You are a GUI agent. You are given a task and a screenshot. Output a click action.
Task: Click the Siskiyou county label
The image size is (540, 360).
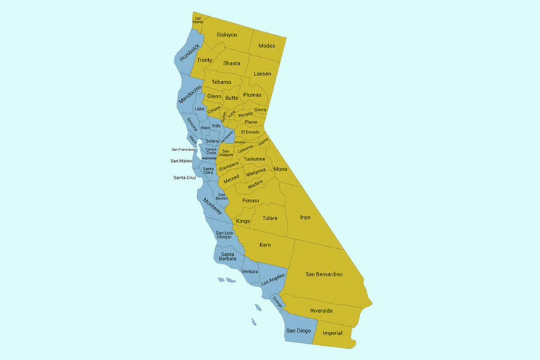[226, 34]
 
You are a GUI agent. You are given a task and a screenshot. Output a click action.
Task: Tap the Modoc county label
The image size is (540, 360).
[266, 46]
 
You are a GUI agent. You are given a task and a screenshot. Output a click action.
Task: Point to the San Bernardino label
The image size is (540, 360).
[323, 274]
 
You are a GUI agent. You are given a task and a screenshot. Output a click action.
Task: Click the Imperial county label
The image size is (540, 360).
[332, 333]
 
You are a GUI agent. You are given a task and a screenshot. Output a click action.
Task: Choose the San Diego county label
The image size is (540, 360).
[298, 330]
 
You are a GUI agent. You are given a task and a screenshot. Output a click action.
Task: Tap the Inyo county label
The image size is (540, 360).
[304, 217]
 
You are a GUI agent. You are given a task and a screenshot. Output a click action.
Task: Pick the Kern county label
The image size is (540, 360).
[265, 245]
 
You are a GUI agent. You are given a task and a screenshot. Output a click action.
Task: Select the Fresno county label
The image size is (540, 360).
[251, 200]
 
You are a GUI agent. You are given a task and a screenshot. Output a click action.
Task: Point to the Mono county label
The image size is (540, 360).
[280, 169]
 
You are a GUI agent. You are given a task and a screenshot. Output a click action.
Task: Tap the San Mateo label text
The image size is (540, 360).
[181, 161]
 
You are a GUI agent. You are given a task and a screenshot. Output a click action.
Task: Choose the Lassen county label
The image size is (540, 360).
[262, 74]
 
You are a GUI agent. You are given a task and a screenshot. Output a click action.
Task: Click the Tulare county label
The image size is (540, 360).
[270, 218]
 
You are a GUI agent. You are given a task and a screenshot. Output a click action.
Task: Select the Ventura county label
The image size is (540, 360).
[250, 271]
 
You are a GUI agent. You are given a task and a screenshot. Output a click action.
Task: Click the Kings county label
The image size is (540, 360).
[243, 221]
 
